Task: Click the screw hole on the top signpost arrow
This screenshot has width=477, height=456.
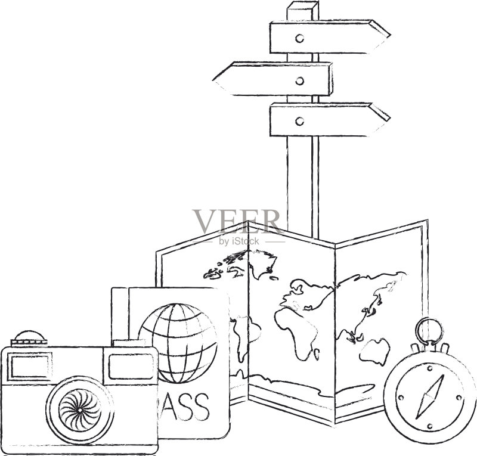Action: click(x=300, y=38)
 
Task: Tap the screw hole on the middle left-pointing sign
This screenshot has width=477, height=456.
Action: click(x=300, y=80)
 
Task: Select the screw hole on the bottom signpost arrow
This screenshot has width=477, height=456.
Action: click(x=300, y=121)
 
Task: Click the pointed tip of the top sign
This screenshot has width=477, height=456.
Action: click(x=389, y=35)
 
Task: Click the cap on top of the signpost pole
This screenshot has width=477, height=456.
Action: click(x=302, y=7)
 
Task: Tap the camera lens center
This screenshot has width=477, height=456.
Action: click(x=80, y=410)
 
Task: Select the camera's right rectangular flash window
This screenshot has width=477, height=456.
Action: click(x=131, y=367)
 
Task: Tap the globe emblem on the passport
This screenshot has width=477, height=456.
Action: click(x=178, y=343)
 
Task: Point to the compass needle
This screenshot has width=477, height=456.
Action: click(x=429, y=396)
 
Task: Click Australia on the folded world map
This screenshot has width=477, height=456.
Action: click(x=374, y=351)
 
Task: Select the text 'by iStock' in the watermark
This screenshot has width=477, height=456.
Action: click(x=239, y=241)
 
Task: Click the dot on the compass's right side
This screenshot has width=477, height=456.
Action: click(x=459, y=398)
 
